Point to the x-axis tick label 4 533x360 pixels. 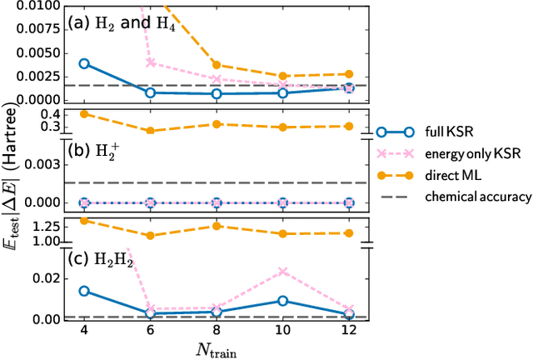point(82,330)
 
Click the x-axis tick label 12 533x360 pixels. point(349,330)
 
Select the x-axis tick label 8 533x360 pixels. point(217,330)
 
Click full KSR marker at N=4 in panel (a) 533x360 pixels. point(83,63)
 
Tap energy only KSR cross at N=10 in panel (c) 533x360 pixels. point(283,272)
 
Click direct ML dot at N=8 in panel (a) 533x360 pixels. point(217,64)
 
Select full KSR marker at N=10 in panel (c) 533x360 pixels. point(283,301)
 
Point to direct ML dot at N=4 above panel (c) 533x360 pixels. point(83,220)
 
